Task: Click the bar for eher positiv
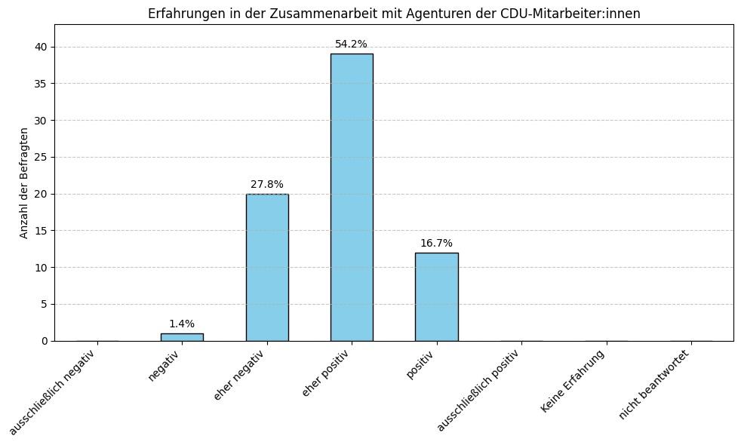coord(352,197)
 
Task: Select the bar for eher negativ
coord(267,267)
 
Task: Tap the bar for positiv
coord(436,296)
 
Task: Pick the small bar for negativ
coord(182,337)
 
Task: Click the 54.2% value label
coord(351,44)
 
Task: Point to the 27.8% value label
coord(267,185)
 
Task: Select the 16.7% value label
coord(436,244)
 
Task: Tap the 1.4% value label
coord(182,324)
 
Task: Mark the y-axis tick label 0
coord(44,341)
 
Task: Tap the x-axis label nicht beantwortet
coord(654,385)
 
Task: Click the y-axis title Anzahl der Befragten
coord(24,183)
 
